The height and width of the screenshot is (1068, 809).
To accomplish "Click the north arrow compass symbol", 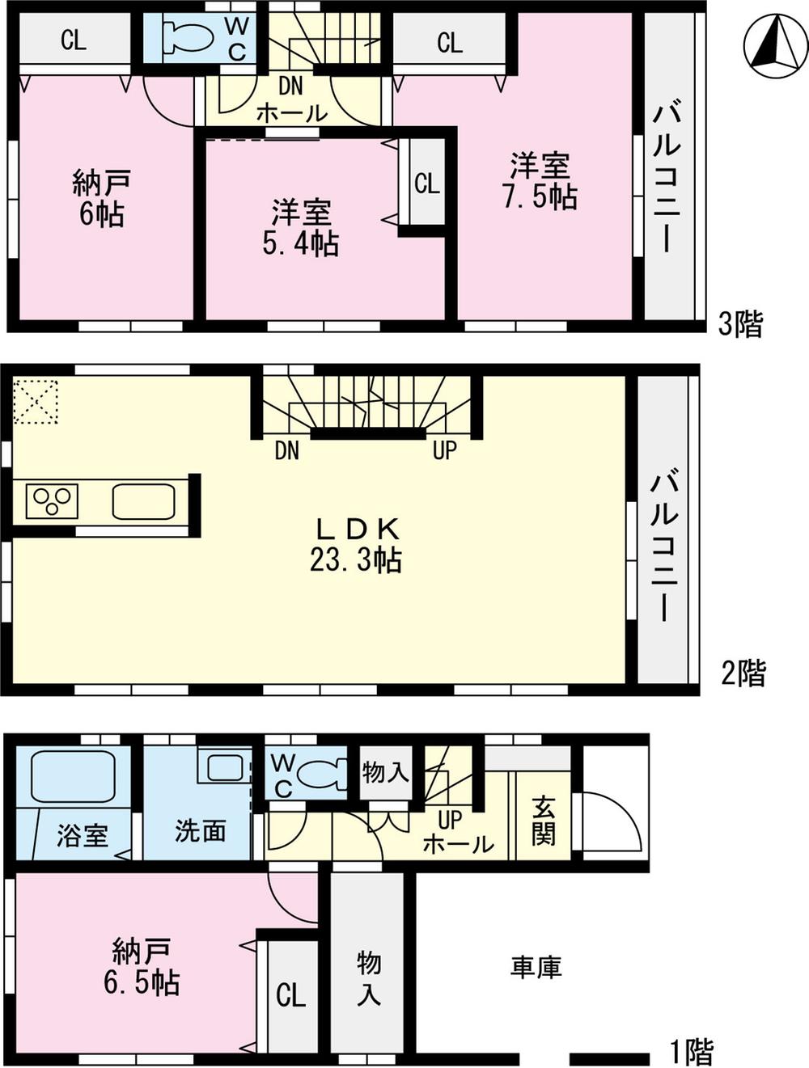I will pyautogui.click(x=775, y=45).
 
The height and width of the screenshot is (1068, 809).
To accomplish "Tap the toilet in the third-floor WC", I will pyautogui.click(x=188, y=37).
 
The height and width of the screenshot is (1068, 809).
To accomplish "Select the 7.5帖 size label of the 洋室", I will pyautogui.click(x=540, y=196).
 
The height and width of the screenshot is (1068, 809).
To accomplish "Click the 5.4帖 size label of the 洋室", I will pyautogui.click(x=300, y=243).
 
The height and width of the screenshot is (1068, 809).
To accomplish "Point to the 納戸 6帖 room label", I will pyautogui.click(x=101, y=199).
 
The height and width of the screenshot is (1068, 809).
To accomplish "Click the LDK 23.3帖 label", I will pyautogui.click(x=356, y=544).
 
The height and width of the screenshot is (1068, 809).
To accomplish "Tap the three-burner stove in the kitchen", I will pyautogui.click(x=52, y=501).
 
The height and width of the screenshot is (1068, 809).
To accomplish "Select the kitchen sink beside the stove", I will pyautogui.click(x=143, y=502).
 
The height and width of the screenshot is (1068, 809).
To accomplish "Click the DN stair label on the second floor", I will pyautogui.click(x=286, y=450).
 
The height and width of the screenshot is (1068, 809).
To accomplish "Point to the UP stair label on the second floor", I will pyautogui.click(x=444, y=450).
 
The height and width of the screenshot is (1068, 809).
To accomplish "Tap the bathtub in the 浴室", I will pyautogui.click(x=74, y=776).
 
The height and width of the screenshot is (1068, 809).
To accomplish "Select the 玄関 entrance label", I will pyautogui.click(x=544, y=820).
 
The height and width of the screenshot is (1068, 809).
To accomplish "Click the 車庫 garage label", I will pyautogui.click(x=536, y=967).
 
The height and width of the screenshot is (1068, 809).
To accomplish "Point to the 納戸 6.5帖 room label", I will pyautogui.click(x=142, y=967).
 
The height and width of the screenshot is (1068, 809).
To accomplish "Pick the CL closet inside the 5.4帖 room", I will pyautogui.click(x=427, y=184).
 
